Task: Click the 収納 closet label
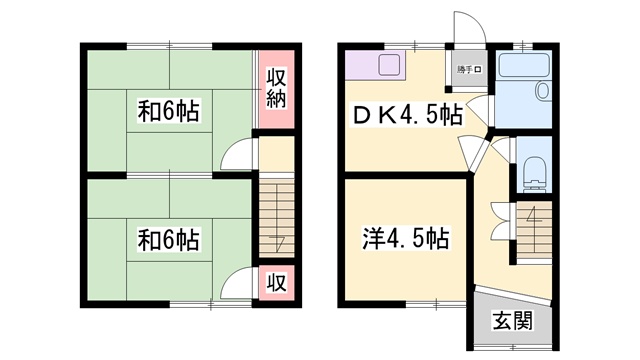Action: (x=277, y=87)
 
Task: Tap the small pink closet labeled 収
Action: (x=277, y=282)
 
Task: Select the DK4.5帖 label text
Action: (x=403, y=114)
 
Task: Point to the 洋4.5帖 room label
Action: (x=405, y=239)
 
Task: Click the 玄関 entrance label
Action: (x=511, y=321)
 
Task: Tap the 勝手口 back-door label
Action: (x=470, y=68)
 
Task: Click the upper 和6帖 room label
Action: (x=167, y=113)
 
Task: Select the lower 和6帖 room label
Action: (x=167, y=240)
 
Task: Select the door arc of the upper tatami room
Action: (x=238, y=156)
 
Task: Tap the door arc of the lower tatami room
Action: (x=238, y=282)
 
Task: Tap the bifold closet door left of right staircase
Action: (x=501, y=215)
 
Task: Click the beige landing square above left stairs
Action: (x=277, y=154)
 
